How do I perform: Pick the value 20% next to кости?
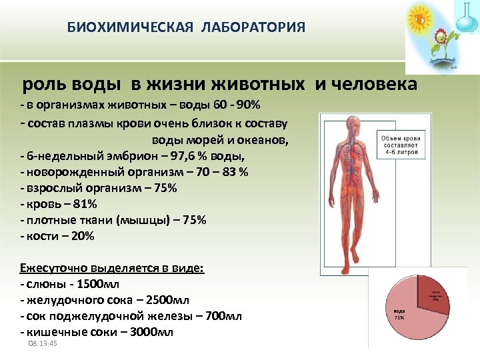pyautogui.click(x=83, y=236)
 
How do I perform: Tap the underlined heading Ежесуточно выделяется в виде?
pyautogui.click(x=113, y=268)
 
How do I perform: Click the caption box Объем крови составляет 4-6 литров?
pyautogui.click(x=403, y=145)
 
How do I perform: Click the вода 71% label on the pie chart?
pyautogui.click(x=400, y=314)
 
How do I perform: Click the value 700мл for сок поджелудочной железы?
pyautogui.click(x=224, y=316)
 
